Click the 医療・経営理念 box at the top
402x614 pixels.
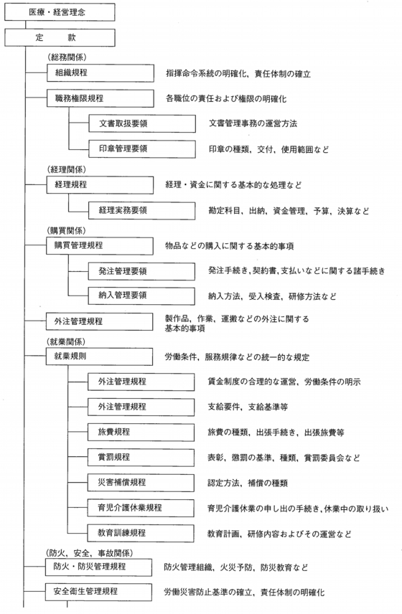(x=60, y=12)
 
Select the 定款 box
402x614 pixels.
(x=60, y=37)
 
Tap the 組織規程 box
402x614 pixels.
(x=100, y=73)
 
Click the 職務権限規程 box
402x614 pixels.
(x=100, y=98)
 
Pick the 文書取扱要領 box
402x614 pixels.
(x=142, y=124)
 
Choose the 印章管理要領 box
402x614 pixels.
(x=142, y=148)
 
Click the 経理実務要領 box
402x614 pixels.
(x=141, y=211)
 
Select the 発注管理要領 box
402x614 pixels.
(x=141, y=271)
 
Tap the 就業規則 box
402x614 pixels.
(x=99, y=356)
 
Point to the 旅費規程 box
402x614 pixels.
(x=141, y=433)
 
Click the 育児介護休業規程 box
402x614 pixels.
(x=141, y=508)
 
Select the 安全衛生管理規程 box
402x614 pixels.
(x=98, y=592)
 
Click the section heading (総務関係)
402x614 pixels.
(x=67, y=57)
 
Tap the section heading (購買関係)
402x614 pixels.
(x=66, y=231)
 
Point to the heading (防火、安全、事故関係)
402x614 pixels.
(x=89, y=553)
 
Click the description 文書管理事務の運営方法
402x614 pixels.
(x=253, y=124)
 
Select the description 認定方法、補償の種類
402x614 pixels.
(x=248, y=483)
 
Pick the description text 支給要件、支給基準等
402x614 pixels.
(x=248, y=407)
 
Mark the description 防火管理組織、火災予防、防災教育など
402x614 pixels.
(x=236, y=567)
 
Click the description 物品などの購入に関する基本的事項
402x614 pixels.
(x=229, y=246)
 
